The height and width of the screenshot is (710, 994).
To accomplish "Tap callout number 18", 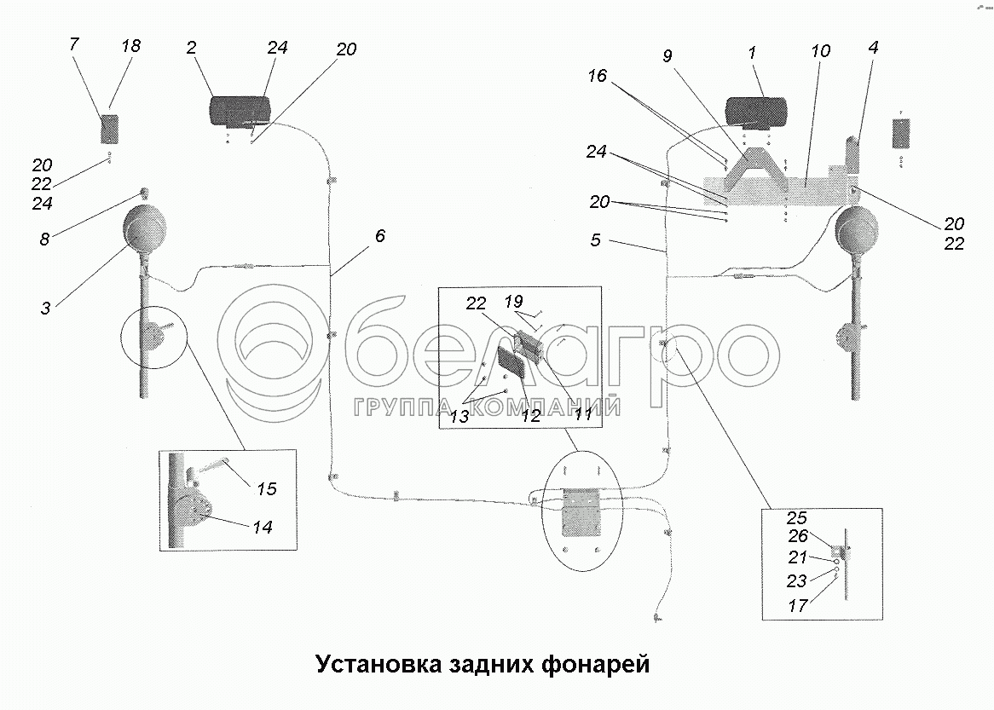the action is click(130, 45).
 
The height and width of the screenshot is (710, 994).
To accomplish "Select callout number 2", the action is click(193, 49).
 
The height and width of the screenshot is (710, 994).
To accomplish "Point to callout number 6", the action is click(379, 235).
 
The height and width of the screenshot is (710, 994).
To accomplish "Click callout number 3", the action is click(44, 307).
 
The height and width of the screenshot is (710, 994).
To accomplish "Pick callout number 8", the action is click(44, 240).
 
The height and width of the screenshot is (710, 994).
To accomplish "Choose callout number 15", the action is click(267, 489).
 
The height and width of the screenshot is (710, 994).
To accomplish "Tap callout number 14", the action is click(263, 528).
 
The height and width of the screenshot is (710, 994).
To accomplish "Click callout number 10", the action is click(820, 51).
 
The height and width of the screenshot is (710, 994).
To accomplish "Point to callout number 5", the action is click(595, 240).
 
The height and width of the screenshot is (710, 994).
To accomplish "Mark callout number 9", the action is click(667, 56).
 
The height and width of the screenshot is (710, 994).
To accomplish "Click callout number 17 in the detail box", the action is click(799, 606).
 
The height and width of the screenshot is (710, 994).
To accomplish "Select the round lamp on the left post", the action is click(147, 228).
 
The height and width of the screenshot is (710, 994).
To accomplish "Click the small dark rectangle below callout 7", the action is click(110, 130).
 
